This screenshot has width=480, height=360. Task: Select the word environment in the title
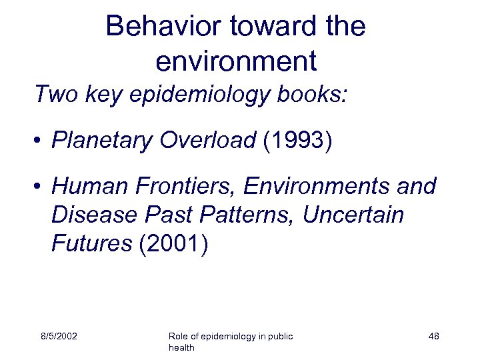(x=235, y=61)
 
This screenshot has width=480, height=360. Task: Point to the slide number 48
(x=433, y=337)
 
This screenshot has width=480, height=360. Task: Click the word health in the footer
(x=183, y=348)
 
